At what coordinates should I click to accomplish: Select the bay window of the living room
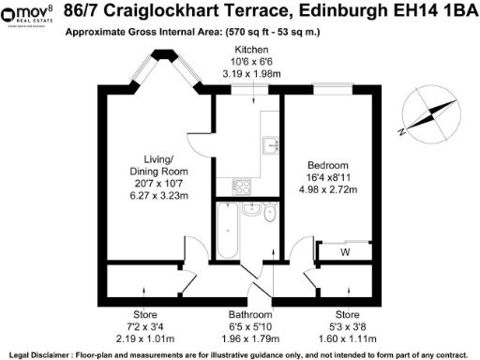[x=169, y=70]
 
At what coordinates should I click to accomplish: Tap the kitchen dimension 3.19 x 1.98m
[x=252, y=71]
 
